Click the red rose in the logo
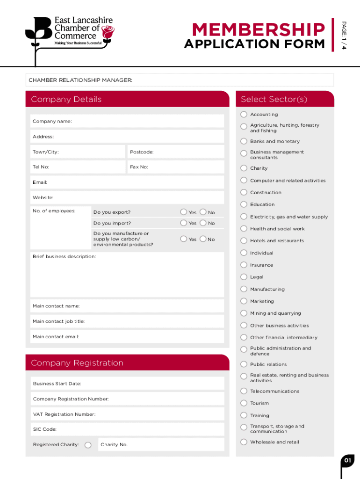pos(108,32)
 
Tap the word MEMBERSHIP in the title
pos(258,30)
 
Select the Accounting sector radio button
pos(244,115)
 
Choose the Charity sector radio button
pos(244,168)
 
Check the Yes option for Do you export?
pos(184,212)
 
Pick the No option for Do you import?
pos(203,223)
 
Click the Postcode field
pos(176,152)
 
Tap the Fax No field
pos(176,167)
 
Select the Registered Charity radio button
pos(88,445)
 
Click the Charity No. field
pos(161,444)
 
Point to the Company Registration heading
pos(77,363)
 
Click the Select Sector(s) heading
pos(274,99)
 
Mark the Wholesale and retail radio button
pos(244,442)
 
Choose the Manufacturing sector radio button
pos(244,289)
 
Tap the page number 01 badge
pos(347,461)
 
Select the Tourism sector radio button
pos(244,403)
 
